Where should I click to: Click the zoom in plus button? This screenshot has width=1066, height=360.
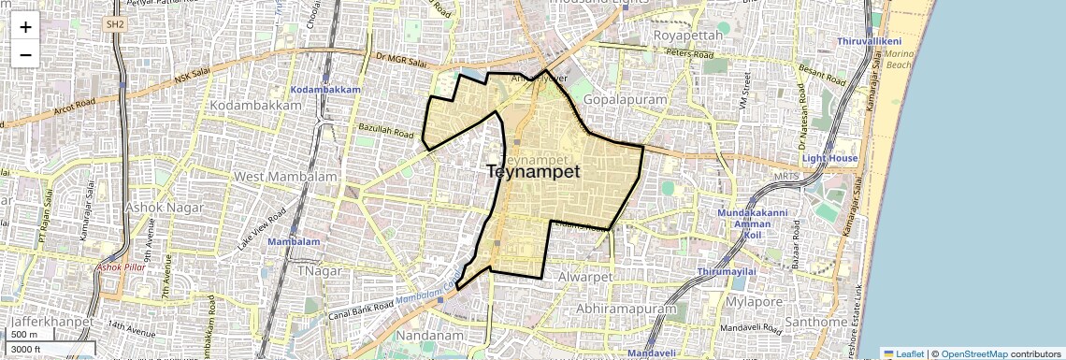(25, 26)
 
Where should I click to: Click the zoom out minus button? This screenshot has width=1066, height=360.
(25, 54)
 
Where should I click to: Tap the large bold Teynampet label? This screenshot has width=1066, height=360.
(533, 172)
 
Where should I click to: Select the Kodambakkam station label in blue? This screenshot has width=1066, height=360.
(325, 89)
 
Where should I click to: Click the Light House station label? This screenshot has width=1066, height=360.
(829, 159)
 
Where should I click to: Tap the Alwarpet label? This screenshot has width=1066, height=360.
(583, 278)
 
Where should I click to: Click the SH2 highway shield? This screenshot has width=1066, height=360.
(115, 23)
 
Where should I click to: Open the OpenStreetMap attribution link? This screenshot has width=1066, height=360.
(973, 354)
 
